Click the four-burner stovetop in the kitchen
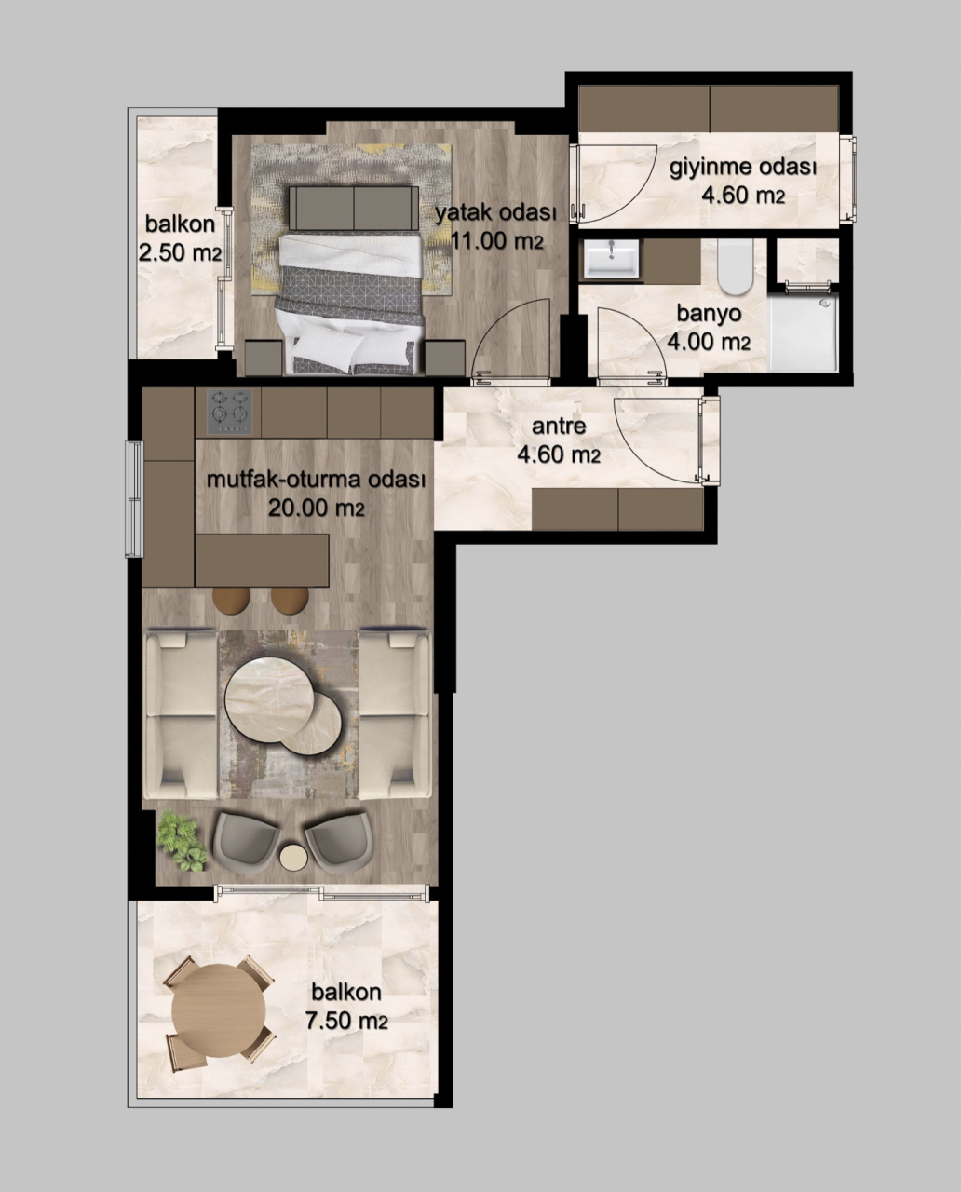pos(230,410)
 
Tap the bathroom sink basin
pos(612,258)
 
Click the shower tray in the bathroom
pos(804,333)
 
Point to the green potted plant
pos(183,840)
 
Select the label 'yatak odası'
pos(495,213)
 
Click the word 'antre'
pos(559,427)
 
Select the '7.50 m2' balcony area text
pos(345,1021)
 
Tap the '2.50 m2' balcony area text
pos(179,252)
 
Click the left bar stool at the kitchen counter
pos(231,600)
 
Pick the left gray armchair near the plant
pos(245,838)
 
